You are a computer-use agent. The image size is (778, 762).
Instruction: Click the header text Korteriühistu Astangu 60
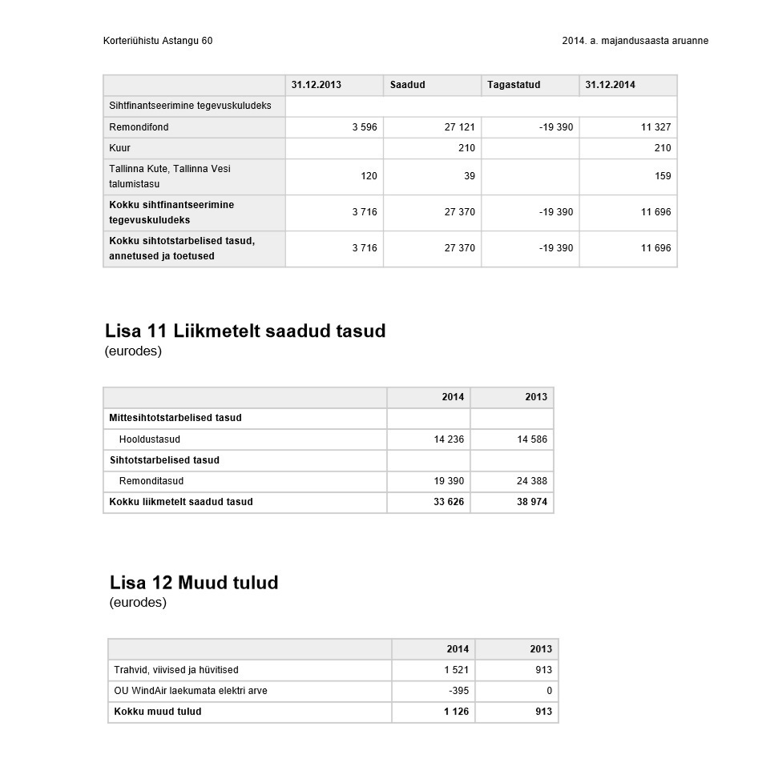tap(158, 41)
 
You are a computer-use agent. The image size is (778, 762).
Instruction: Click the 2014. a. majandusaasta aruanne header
tap(635, 41)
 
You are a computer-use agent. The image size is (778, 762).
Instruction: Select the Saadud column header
tap(408, 85)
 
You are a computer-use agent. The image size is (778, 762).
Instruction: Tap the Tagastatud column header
tap(514, 85)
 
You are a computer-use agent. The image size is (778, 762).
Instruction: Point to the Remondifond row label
tap(139, 127)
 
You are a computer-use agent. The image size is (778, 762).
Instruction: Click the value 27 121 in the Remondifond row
tap(460, 127)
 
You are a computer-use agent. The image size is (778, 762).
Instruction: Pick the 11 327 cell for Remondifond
tap(655, 127)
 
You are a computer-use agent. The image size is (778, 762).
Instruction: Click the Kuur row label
tap(119, 148)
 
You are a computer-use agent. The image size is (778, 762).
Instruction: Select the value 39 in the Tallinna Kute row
tap(470, 176)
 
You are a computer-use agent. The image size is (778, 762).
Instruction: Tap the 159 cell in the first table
tap(663, 176)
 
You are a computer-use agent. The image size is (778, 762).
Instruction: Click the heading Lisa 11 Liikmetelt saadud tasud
tap(245, 331)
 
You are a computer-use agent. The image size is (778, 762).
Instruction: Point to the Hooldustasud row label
tap(150, 439)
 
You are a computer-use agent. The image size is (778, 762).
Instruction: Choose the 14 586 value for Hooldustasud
tap(532, 439)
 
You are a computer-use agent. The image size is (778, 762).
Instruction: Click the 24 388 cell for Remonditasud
tap(532, 481)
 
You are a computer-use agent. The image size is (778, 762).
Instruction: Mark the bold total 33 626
tap(449, 502)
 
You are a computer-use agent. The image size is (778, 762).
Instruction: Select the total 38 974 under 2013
tap(532, 502)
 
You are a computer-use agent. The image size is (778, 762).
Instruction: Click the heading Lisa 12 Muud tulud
tap(194, 582)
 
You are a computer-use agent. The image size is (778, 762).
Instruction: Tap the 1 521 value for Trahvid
tap(456, 670)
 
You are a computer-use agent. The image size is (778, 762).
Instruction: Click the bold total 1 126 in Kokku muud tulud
tap(456, 712)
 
